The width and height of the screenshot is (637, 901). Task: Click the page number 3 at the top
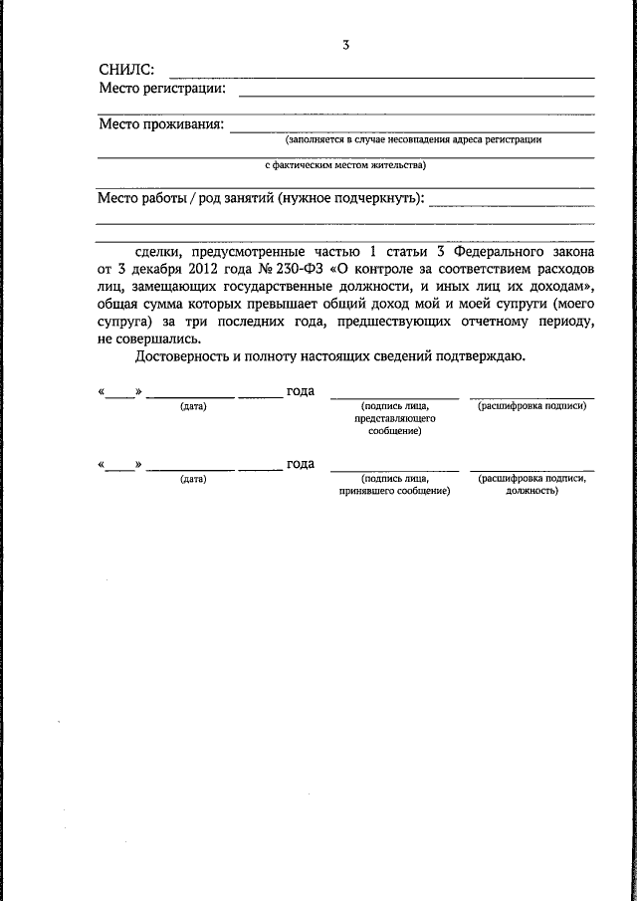[x=344, y=45]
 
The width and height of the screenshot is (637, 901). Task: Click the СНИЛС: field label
[x=126, y=70]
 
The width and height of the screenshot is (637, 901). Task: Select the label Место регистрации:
[x=162, y=89]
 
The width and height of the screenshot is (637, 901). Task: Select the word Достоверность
[x=187, y=356]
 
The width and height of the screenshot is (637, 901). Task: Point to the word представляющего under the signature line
[x=393, y=419]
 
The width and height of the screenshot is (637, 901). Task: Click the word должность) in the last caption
[x=531, y=491]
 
